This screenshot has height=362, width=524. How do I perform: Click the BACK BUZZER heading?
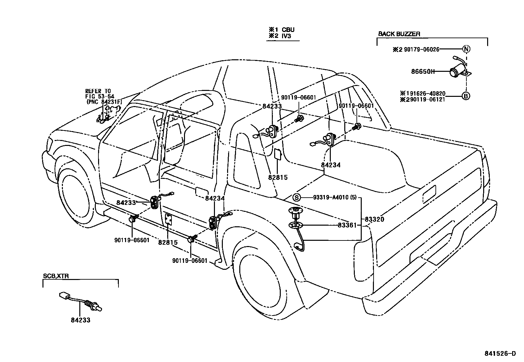[x=399, y=34]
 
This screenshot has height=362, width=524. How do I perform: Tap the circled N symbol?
[x=466, y=49]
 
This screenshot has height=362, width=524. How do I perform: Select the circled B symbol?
[x=466, y=96]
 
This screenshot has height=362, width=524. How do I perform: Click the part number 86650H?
[x=423, y=71]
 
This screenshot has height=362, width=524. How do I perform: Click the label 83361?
[x=347, y=225]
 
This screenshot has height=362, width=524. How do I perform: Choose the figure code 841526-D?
[x=500, y=354]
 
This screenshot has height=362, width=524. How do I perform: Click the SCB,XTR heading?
[x=56, y=276]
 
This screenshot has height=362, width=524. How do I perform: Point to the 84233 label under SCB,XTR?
[x=80, y=320]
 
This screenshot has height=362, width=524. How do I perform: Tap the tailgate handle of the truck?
[x=429, y=194]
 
